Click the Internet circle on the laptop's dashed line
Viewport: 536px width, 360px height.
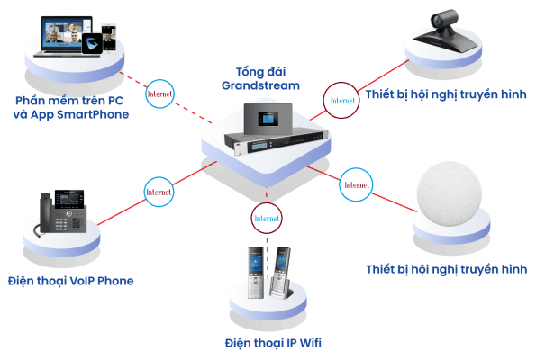(159, 94)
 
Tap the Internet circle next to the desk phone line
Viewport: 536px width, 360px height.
(159, 192)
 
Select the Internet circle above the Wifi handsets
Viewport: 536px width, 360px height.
(267, 219)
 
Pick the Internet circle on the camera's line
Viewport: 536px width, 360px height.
(341, 101)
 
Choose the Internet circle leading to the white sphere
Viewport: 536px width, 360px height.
(356, 184)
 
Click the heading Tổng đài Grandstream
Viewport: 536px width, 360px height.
(260, 78)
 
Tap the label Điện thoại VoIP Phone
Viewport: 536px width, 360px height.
(71, 281)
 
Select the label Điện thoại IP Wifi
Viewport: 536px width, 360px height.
(273, 343)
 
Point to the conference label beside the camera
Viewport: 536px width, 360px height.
(446, 94)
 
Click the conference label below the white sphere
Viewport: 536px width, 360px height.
(447, 269)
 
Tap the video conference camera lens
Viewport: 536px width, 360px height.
(437, 21)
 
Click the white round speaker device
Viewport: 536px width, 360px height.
(449, 194)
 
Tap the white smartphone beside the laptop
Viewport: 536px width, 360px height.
(109, 37)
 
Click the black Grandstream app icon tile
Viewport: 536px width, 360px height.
(92, 44)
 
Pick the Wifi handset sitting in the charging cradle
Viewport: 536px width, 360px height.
(281, 272)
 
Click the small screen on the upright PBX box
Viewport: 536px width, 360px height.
(268, 119)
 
